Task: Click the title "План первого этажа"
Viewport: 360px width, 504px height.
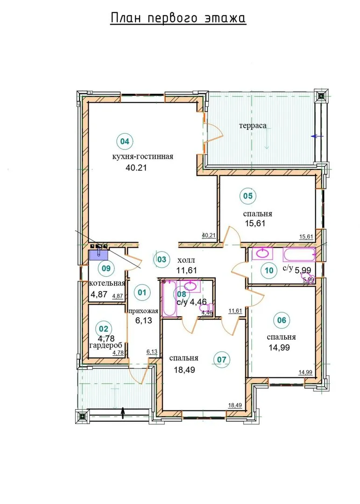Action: [178, 18]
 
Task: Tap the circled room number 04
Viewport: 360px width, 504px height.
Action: [125, 141]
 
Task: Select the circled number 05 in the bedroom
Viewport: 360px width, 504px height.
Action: [248, 196]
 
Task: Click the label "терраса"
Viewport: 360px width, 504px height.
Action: [253, 126]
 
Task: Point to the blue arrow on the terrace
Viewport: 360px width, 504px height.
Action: [317, 136]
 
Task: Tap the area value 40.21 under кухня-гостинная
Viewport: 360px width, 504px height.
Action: [136, 168]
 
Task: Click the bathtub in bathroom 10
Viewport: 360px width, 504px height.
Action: [298, 255]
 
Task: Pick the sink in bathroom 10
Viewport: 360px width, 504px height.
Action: [262, 253]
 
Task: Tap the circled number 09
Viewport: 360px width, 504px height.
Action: [106, 268]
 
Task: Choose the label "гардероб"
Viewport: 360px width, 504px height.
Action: [106, 345]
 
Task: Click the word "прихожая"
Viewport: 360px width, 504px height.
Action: [143, 311]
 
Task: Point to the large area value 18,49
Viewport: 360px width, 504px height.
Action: [184, 370]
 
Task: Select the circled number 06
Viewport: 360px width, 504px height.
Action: [282, 320]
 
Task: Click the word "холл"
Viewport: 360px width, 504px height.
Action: [186, 260]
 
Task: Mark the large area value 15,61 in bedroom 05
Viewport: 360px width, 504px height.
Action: [255, 223]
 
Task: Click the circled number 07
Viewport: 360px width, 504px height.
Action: [222, 359]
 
